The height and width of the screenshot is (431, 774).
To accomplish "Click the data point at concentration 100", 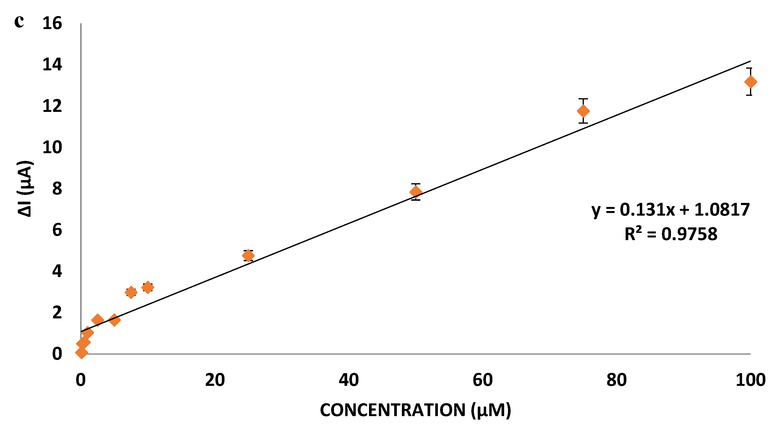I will tap(750, 82).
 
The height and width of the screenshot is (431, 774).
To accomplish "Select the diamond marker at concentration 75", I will tap(583, 111).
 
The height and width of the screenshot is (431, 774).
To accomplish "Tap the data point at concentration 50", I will tap(416, 192).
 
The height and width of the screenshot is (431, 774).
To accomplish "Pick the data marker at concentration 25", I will tap(248, 256).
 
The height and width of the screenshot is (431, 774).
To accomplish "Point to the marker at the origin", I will tap(81, 352).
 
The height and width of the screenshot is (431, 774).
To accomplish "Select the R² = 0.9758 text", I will tap(671, 234).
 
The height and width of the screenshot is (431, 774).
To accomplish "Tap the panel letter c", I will tap(19, 21).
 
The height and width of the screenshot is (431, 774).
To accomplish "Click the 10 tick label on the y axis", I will tap(52, 147).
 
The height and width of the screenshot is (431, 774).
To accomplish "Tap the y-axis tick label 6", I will tap(57, 230).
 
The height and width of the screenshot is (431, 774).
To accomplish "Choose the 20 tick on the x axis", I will tap(215, 380).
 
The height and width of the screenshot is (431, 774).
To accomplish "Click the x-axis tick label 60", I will tap(483, 380).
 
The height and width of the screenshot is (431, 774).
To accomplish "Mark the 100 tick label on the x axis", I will tap(750, 380).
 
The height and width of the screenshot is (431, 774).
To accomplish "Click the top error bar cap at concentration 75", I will tap(583, 99).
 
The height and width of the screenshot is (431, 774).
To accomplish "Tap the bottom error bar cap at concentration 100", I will tap(750, 95).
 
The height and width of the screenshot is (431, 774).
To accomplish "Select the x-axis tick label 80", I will tap(616, 380).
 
